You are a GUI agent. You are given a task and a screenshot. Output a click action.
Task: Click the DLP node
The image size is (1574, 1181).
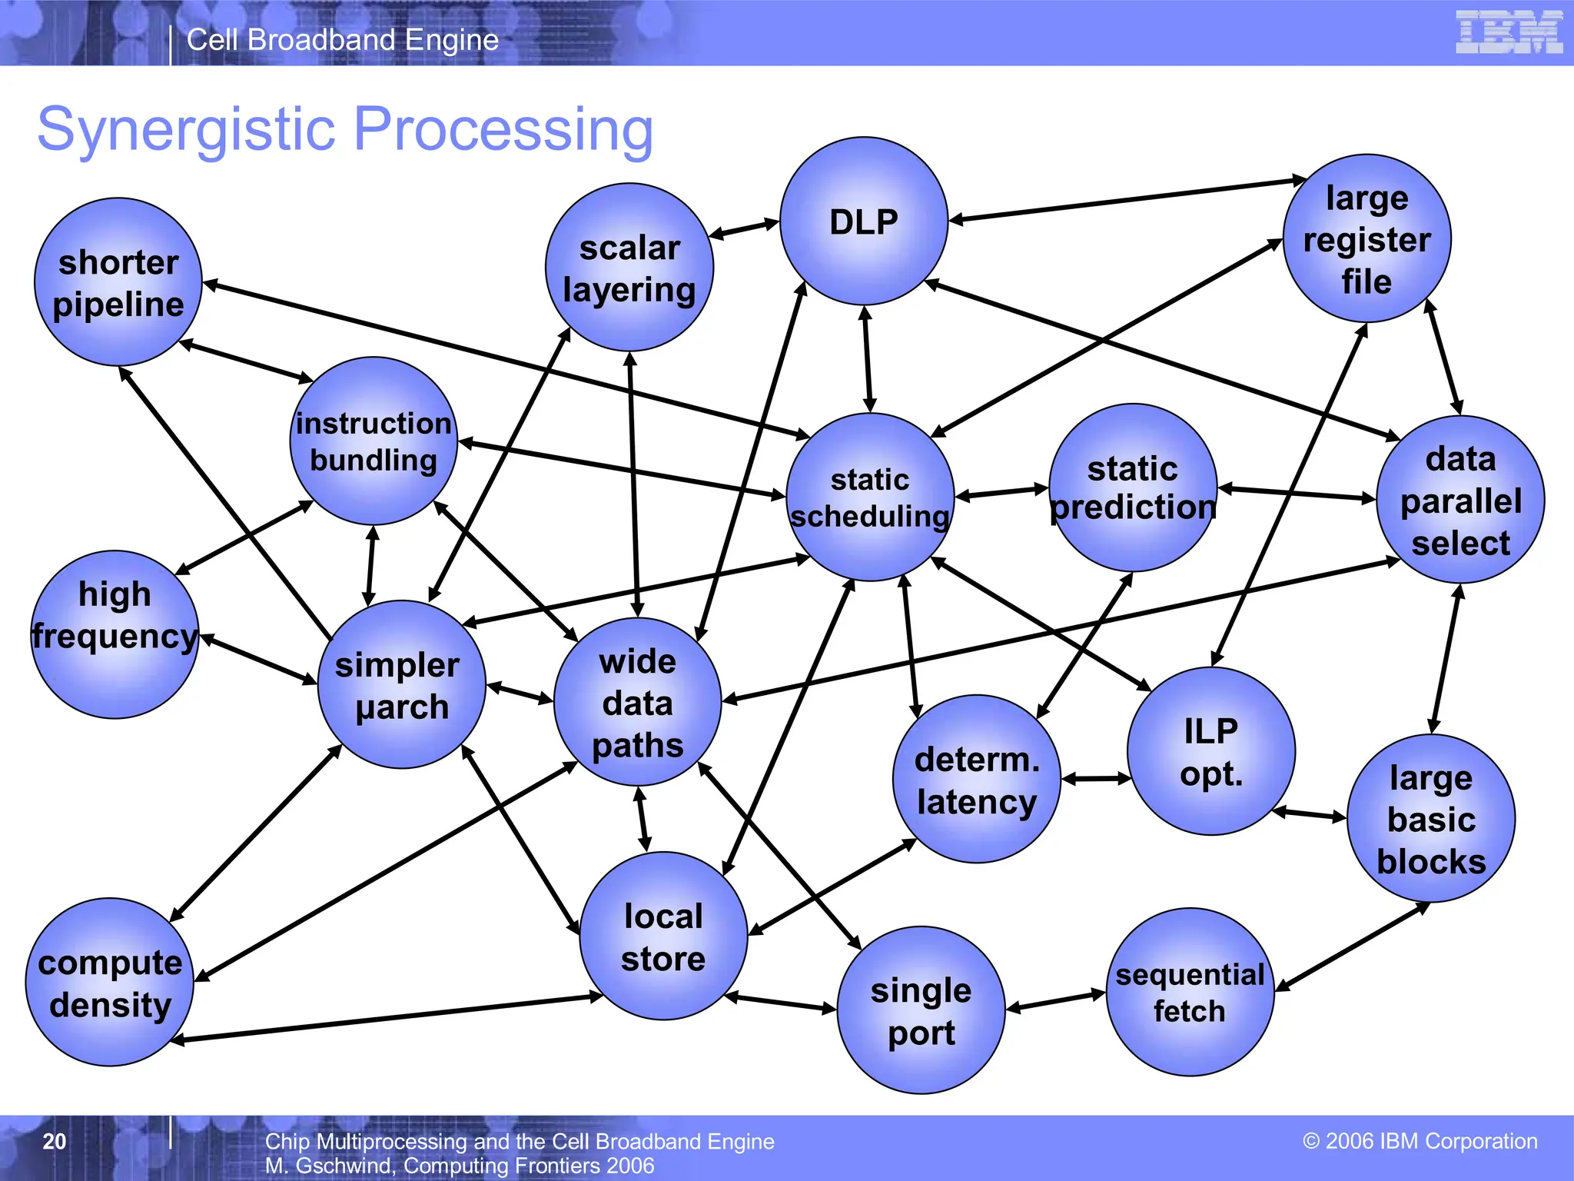[863, 221]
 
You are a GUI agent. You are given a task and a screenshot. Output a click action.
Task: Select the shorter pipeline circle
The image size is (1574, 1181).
[118, 282]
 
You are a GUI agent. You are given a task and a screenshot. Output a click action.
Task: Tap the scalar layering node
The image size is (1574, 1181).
[629, 268]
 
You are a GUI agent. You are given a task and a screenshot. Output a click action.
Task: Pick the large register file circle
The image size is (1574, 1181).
[1366, 238]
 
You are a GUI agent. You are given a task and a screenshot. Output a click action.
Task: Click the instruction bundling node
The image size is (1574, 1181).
[374, 441]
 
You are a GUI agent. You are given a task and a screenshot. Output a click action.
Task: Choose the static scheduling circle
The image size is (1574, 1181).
[870, 497]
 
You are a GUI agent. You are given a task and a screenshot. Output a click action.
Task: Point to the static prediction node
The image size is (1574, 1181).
[1133, 487]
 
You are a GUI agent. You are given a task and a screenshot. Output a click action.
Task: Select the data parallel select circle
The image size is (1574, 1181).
[1460, 500]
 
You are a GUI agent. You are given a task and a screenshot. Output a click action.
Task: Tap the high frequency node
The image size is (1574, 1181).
[115, 634]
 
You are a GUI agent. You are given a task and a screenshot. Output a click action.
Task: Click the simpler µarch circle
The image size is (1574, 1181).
[401, 684]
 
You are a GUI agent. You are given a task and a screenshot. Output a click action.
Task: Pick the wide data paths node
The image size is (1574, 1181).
[637, 702]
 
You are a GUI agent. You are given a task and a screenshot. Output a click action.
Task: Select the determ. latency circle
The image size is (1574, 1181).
[976, 779]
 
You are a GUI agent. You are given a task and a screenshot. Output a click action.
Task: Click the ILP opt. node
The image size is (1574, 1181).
[1211, 751]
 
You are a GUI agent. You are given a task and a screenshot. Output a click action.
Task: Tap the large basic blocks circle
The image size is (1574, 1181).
[1431, 818]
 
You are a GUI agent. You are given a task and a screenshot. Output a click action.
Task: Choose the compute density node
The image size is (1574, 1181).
[110, 982]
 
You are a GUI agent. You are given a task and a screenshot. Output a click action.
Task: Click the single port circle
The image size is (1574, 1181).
[921, 1010]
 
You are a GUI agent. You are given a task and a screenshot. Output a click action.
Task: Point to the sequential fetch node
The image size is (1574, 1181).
[1190, 992]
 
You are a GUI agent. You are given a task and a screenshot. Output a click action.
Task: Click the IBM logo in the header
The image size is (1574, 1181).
[1509, 32]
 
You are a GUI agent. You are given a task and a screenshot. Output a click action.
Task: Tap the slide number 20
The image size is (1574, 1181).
[54, 1141]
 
